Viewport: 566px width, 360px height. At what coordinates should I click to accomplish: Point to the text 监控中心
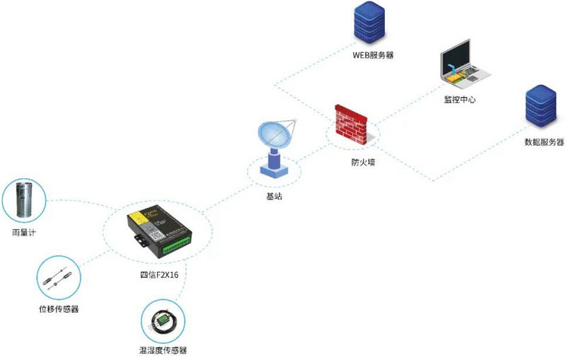pyautogui.click(x=460, y=100)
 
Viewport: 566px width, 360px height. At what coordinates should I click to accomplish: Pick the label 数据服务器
pyautogui.click(x=544, y=142)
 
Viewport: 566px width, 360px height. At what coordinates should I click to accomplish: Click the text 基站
pyautogui.click(x=273, y=197)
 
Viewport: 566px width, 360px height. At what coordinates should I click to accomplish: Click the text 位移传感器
pyautogui.click(x=58, y=309)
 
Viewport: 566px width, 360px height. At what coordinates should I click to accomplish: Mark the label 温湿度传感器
pyautogui.click(x=163, y=350)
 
